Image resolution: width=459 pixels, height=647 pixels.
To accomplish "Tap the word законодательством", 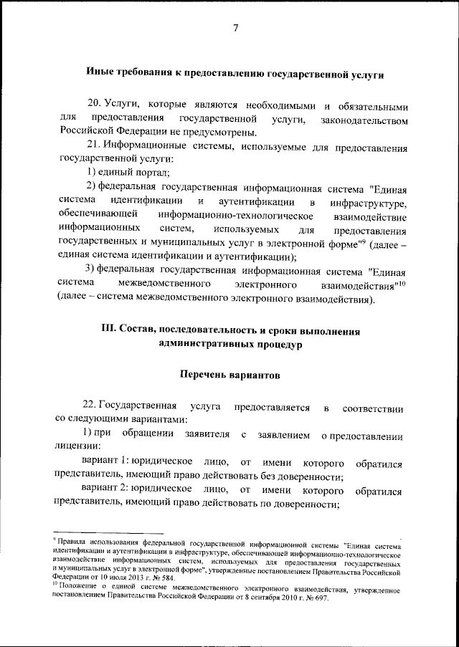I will [357, 118].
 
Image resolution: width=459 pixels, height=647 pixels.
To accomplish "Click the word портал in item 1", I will [153, 173].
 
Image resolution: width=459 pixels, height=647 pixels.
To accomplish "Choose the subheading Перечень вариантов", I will [229, 375].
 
